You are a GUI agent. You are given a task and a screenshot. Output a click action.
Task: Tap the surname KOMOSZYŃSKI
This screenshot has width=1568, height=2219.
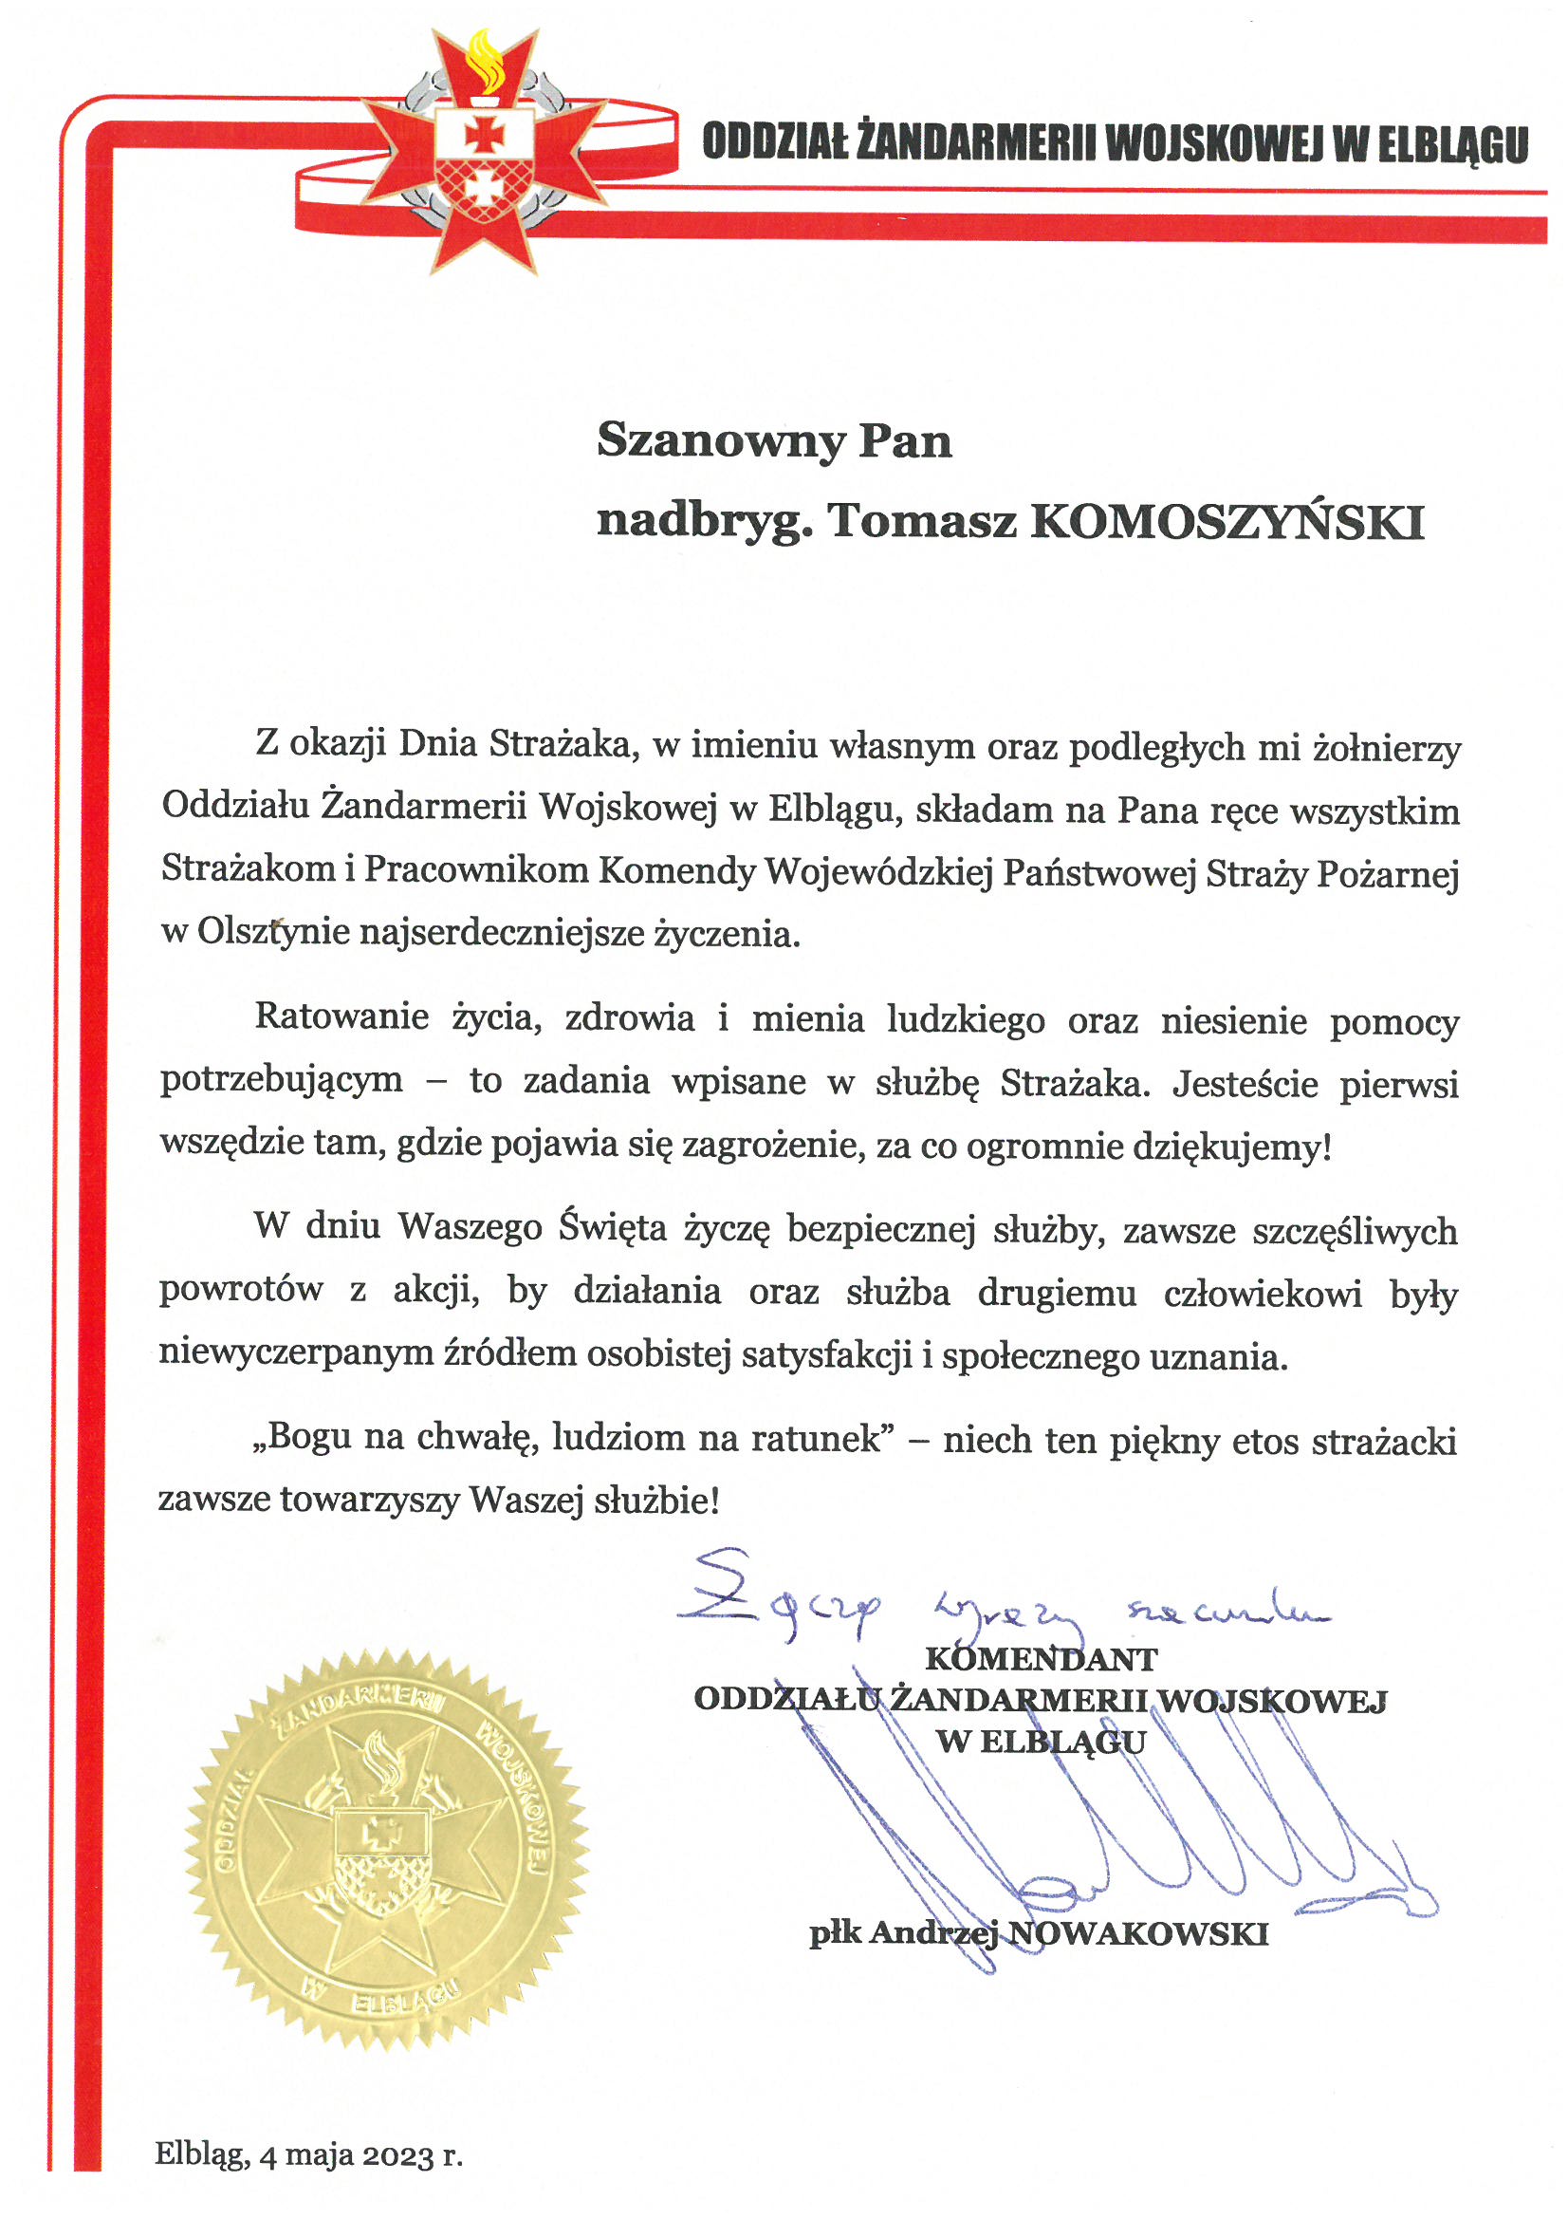coord(1227,523)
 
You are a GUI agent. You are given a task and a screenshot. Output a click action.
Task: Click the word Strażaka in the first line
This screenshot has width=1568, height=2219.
coord(562,744)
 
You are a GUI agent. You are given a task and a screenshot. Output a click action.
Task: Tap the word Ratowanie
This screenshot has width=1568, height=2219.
coord(342,1016)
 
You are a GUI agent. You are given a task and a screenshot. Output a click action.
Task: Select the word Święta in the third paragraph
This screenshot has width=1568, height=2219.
coord(613,1227)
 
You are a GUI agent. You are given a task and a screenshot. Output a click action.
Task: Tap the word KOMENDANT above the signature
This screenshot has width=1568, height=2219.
coord(1041,1658)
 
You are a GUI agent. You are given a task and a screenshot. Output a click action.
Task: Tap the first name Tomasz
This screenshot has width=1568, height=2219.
coord(922,523)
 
